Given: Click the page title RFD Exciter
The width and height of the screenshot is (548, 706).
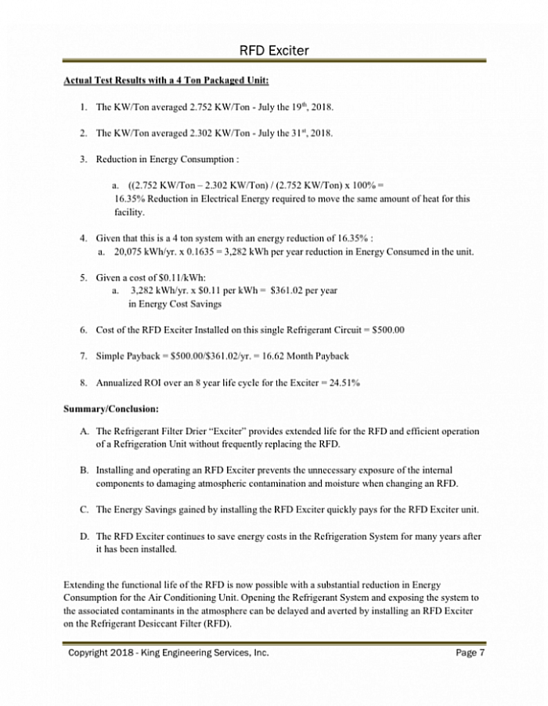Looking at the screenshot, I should click(x=273, y=51).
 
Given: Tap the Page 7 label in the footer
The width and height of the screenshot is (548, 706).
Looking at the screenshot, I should click(x=470, y=653).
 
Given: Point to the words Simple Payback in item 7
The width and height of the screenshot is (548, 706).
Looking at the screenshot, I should click(x=129, y=357).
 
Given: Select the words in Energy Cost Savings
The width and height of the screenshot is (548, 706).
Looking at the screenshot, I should click(x=175, y=304).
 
